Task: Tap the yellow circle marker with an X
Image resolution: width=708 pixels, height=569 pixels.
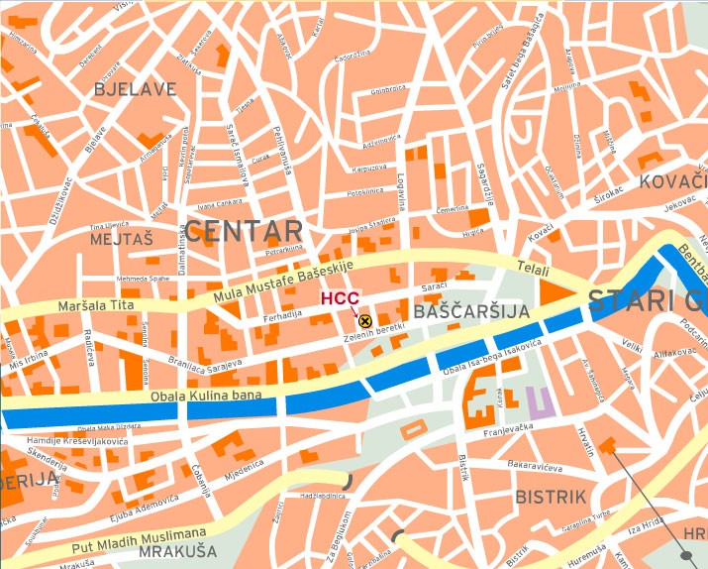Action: tap(364, 320)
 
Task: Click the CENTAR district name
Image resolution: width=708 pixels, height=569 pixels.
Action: tap(244, 232)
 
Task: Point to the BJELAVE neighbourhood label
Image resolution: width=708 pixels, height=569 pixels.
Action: tap(135, 89)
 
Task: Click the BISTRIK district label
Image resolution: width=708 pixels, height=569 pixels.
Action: tap(551, 495)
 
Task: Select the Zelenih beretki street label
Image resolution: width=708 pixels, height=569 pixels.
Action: tap(377, 337)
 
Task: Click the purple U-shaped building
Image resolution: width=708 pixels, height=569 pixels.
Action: tap(538, 401)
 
